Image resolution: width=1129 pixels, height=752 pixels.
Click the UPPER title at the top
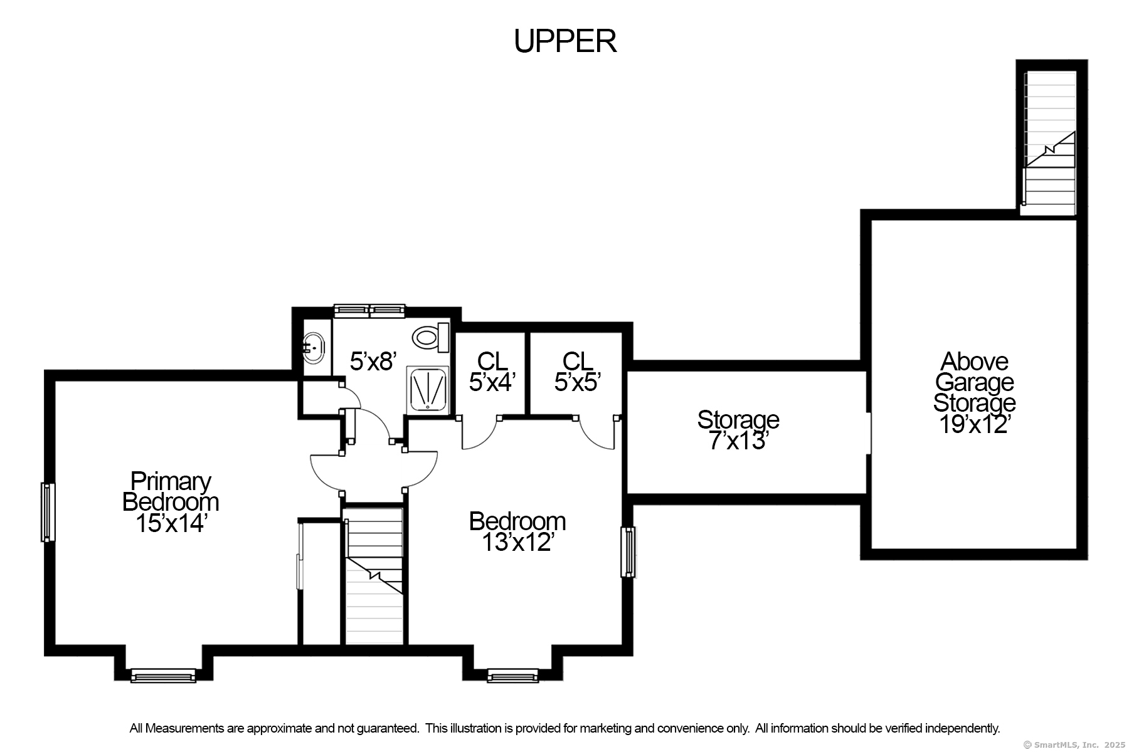coord(564,41)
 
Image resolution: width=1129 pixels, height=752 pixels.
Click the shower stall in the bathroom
coord(428,389)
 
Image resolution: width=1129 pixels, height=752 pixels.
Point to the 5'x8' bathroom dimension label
coord(373,362)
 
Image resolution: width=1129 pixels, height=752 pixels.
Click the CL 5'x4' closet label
coord(492,372)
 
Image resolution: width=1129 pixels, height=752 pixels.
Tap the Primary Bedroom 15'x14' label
coord(171,502)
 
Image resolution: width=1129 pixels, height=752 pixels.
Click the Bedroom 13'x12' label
coord(517,531)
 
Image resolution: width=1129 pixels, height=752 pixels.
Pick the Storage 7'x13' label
coord(738,431)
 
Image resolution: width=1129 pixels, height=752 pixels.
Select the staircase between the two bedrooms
coord(374,577)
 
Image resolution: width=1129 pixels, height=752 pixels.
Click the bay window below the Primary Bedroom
coord(163,675)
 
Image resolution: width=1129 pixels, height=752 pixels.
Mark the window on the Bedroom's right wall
coord(628,551)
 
